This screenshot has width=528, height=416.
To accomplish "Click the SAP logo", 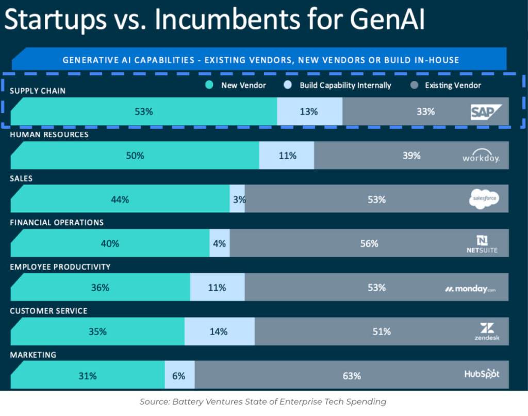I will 486,111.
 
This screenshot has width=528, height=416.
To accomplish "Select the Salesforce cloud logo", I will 484,199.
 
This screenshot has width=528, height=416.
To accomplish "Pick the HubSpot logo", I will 482,374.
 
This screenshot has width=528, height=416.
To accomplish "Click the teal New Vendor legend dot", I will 208,85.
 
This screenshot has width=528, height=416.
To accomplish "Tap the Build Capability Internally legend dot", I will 288,85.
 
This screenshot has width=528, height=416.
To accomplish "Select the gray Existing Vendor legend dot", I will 414,85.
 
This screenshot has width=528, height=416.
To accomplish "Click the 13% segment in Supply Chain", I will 309,111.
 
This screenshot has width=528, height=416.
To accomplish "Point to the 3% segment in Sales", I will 238,199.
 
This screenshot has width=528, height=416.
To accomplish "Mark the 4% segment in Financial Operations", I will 220,243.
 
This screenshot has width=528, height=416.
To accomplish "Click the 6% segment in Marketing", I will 179,376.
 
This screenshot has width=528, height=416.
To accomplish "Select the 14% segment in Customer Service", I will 219,331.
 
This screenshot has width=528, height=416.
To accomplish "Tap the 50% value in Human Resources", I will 135,155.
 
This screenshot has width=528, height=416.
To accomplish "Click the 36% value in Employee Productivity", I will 100,288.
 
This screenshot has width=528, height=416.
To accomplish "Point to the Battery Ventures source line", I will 263,402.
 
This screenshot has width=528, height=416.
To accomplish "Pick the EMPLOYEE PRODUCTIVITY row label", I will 60,267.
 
